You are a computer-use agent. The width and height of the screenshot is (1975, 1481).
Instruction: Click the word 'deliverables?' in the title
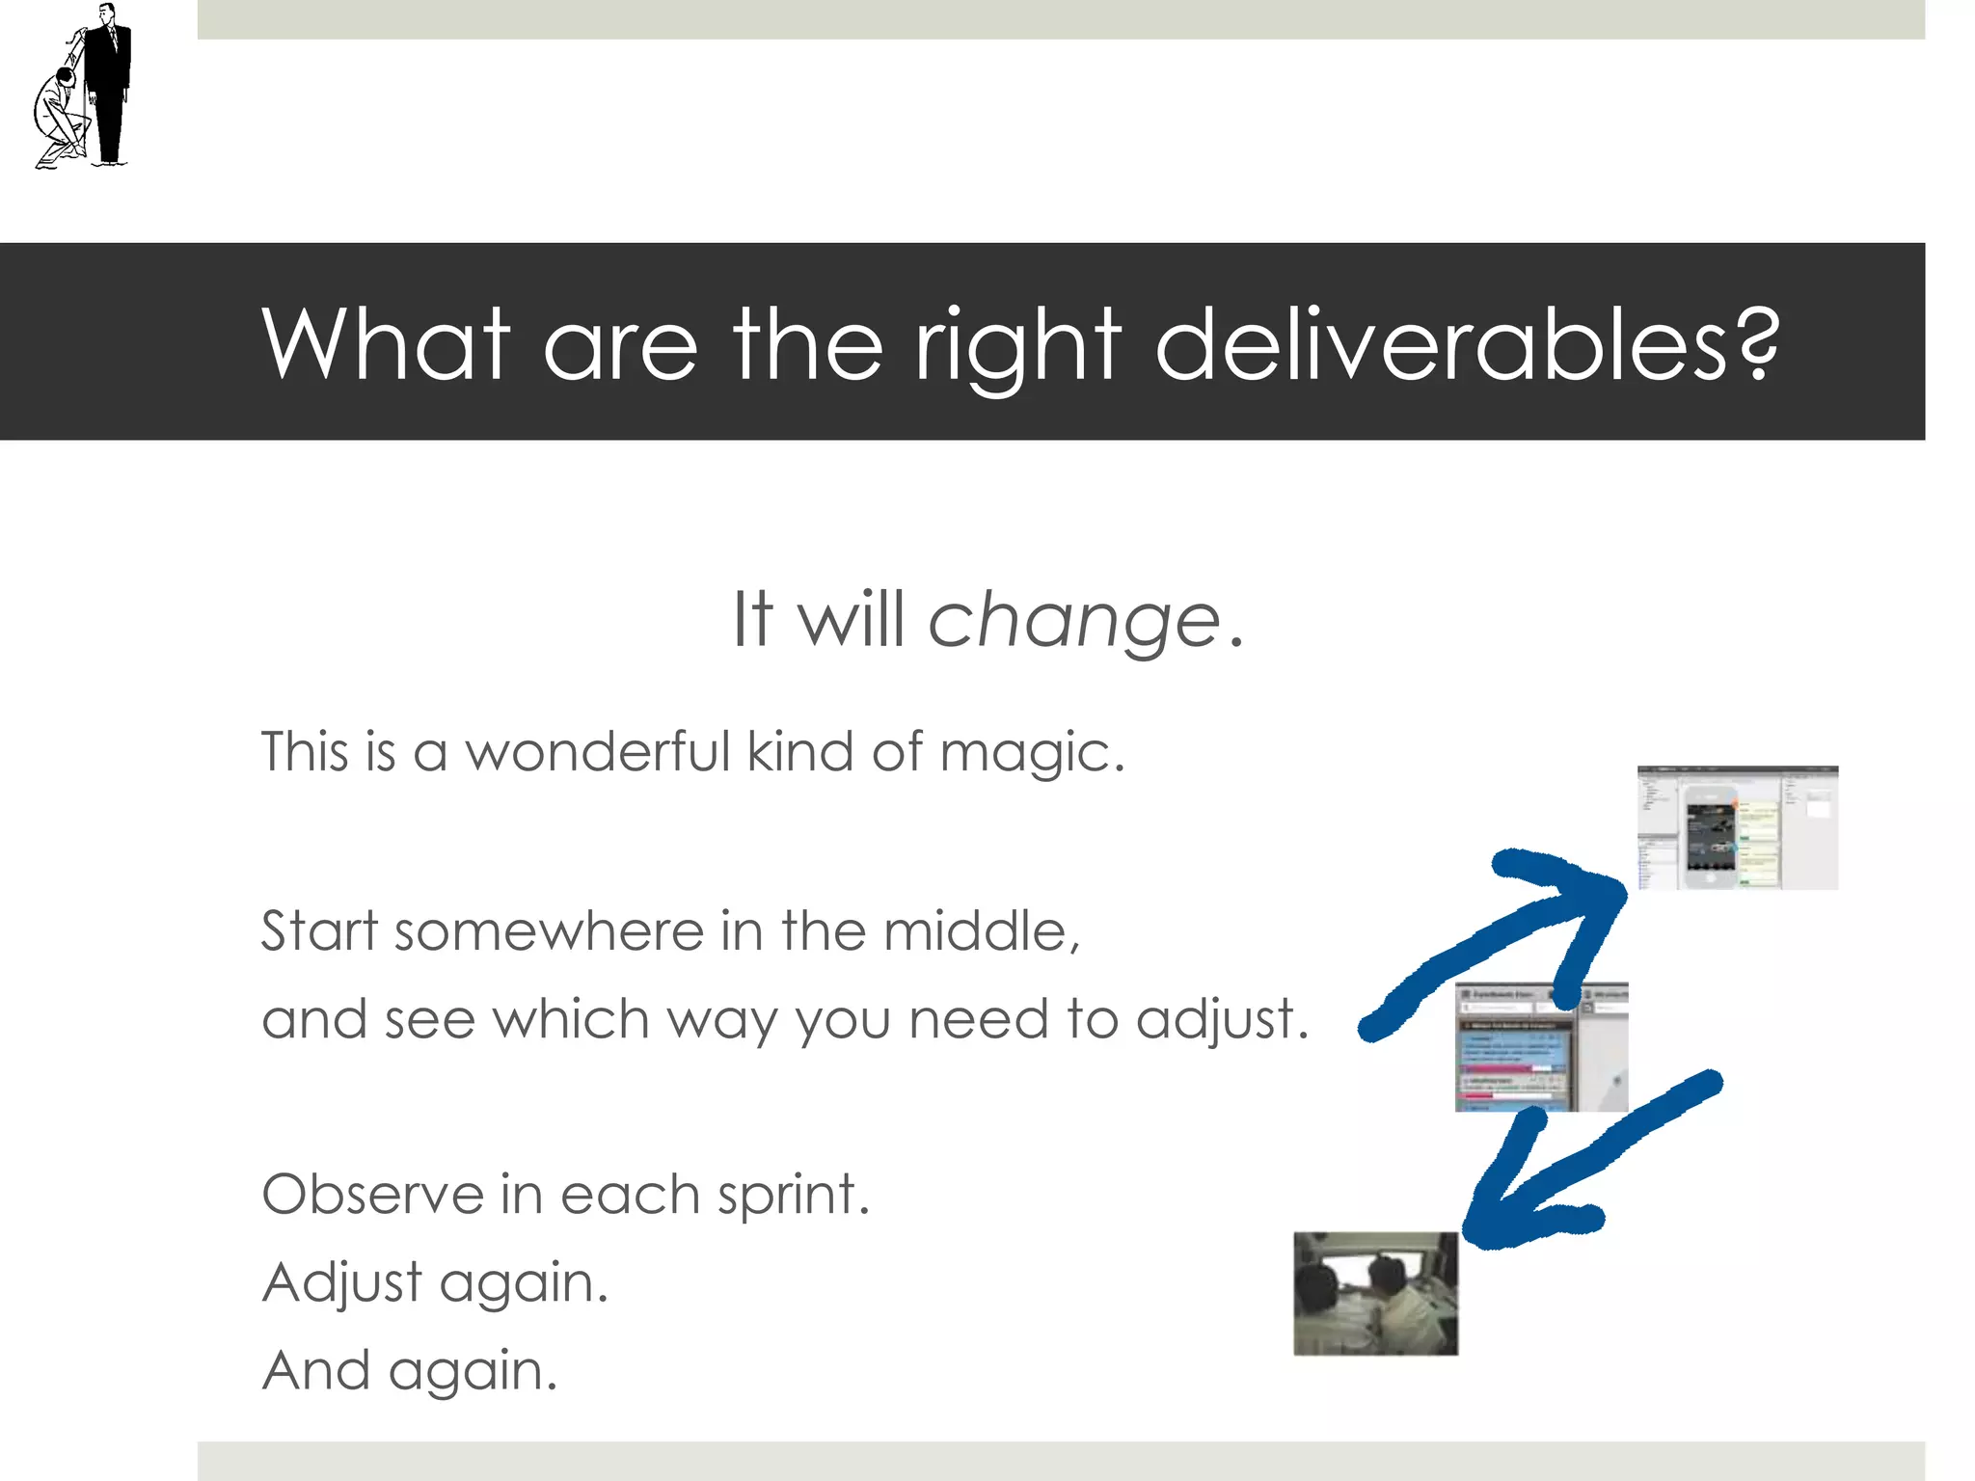[x=1466, y=344]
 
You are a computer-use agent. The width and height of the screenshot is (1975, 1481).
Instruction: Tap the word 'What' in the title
[x=386, y=344]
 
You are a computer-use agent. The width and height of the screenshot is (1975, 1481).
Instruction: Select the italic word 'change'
[x=1074, y=622]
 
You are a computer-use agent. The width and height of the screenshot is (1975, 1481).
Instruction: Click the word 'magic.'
[x=1032, y=754]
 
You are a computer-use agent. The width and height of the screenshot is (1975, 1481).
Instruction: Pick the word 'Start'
[x=319, y=931]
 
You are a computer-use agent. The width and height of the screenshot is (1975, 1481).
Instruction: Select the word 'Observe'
[x=372, y=1195]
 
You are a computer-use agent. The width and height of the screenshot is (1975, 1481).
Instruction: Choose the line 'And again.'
[x=410, y=1370]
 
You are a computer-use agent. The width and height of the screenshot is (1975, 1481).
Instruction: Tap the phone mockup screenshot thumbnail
[x=1738, y=828]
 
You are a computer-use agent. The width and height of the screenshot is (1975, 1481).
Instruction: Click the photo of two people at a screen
[x=1375, y=1293]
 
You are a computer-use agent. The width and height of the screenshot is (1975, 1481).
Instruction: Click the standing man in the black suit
[x=107, y=82]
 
